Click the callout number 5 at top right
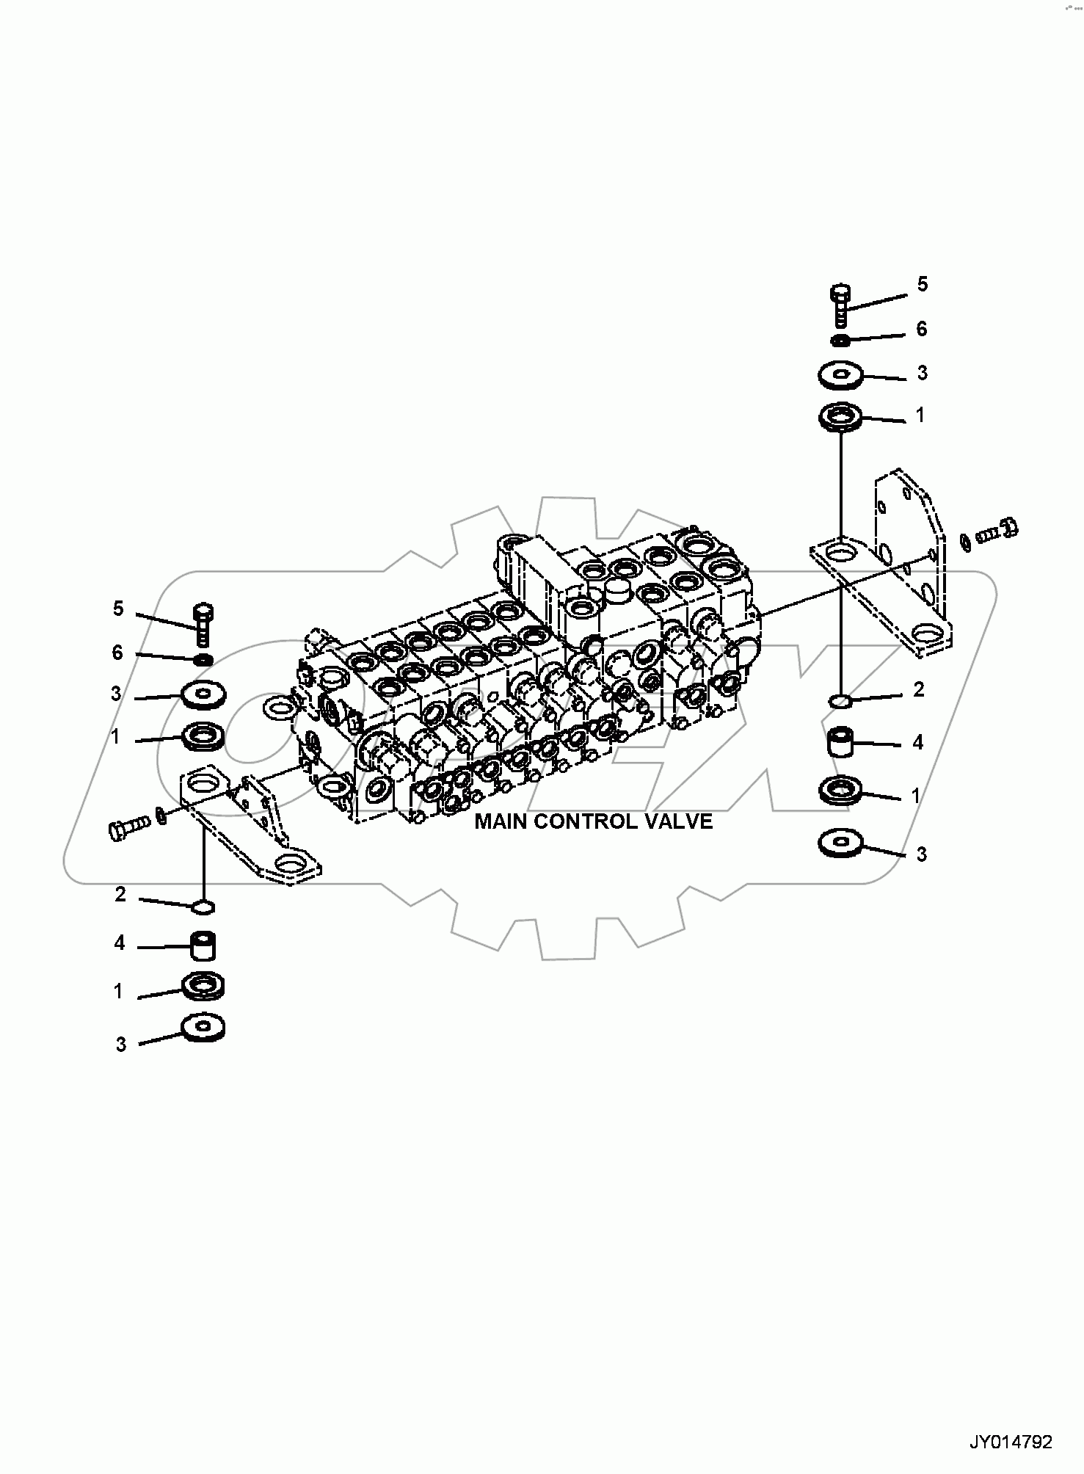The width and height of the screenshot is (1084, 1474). click(923, 284)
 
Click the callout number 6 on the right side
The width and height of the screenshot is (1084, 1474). click(922, 329)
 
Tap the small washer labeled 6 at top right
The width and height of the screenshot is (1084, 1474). click(841, 340)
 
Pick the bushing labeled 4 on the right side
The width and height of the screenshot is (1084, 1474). click(842, 743)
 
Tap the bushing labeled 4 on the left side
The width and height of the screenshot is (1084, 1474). click(204, 946)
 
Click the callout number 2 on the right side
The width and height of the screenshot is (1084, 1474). click(918, 689)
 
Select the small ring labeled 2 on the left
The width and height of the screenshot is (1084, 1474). click(203, 909)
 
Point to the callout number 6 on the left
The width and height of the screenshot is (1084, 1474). click(117, 653)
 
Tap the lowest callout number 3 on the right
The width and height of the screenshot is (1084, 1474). click(922, 854)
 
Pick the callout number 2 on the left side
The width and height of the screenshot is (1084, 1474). click(120, 895)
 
